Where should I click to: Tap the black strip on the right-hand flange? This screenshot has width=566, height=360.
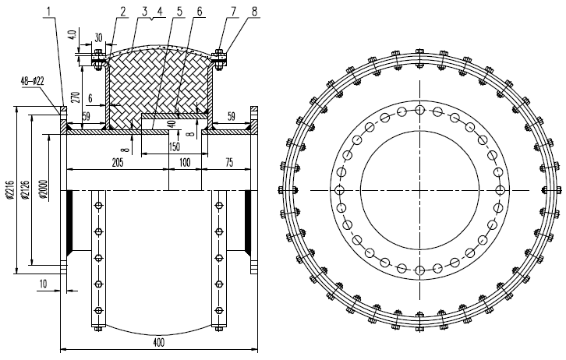click(x=249, y=220)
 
